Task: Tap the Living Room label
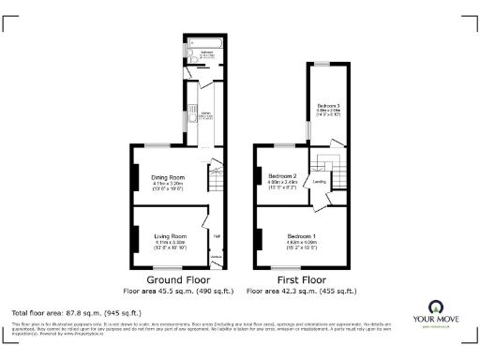point(170,236)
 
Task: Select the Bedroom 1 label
point(301,234)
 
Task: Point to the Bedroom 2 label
point(282,175)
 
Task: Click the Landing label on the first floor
point(319,182)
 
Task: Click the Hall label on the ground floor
point(216,236)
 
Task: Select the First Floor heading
point(301,279)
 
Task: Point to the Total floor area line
point(76,311)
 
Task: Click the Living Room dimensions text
point(170,247)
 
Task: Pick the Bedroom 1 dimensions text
point(301,246)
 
